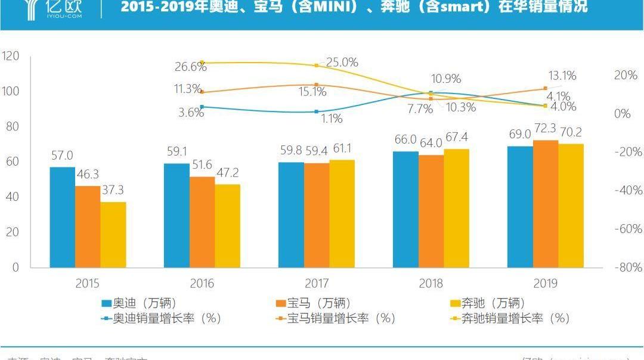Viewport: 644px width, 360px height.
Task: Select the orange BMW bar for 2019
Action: click(x=545, y=203)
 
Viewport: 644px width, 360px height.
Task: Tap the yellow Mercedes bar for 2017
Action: click(x=342, y=213)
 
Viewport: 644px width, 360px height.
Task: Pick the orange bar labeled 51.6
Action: click(x=202, y=221)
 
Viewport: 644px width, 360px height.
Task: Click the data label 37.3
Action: click(x=113, y=190)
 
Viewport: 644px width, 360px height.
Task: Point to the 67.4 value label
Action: click(x=456, y=137)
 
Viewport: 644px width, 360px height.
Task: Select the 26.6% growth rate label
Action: click(x=190, y=67)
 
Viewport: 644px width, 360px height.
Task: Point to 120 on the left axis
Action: click(x=11, y=56)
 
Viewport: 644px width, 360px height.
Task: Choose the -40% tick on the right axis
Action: click(x=628, y=191)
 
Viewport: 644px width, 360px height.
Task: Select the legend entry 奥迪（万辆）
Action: click(x=138, y=303)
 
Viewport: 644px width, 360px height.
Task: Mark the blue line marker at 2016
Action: click(x=202, y=107)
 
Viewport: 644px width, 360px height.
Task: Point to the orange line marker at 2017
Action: click(x=317, y=85)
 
